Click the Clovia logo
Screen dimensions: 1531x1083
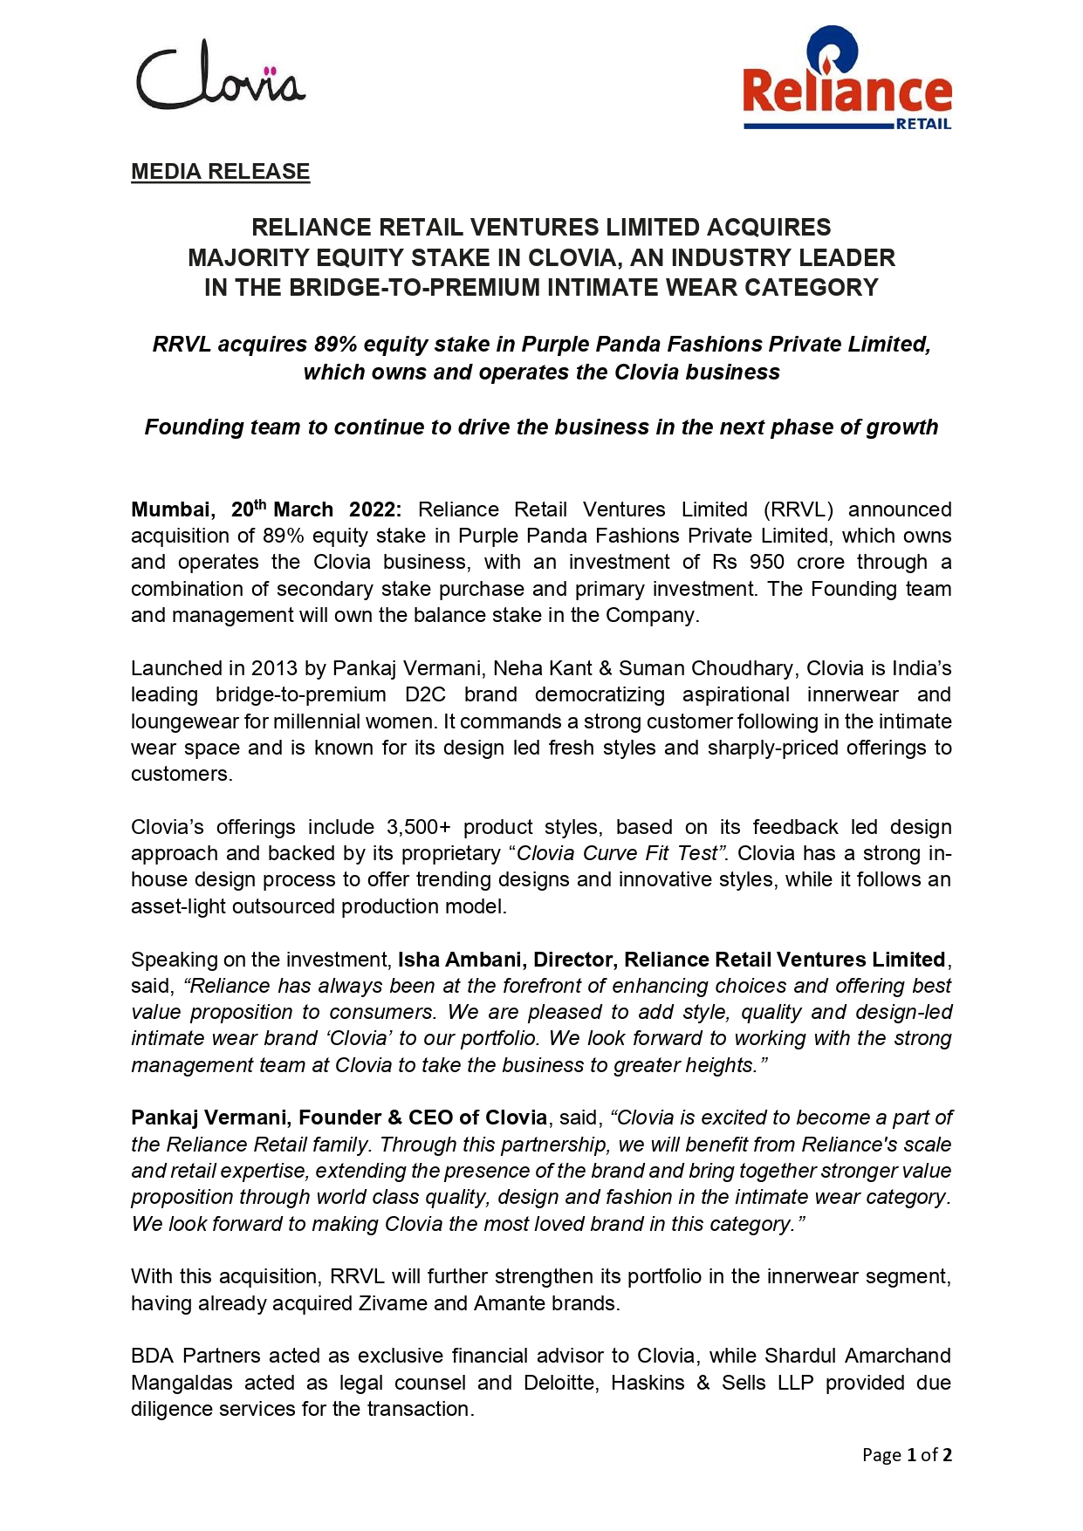(x=221, y=77)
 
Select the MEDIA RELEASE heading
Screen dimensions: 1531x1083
(x=220, y=172)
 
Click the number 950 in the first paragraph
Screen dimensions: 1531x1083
(x=767, y=562)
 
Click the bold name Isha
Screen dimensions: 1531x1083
(x=418, y=960)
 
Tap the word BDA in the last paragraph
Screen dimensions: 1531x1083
(x=153, y=1356)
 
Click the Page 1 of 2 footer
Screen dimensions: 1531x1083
(x=907, y=1454)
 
